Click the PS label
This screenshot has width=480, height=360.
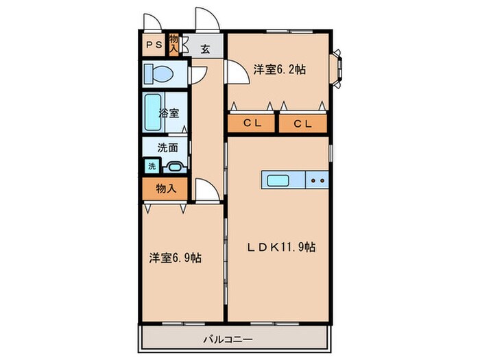tap(154, 45)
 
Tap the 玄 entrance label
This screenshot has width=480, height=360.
tap(206, 49)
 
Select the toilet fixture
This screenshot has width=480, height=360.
tap(158, 74)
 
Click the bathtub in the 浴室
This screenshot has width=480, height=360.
tap(153, 112)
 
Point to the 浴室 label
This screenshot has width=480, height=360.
tap(169, 113)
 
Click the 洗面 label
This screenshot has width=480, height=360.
tap(168, 148)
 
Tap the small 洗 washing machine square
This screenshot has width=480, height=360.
tap(152, 166)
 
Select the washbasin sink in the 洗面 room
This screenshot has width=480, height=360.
tap(175, 167)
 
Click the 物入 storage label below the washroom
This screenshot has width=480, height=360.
tap(166, 189)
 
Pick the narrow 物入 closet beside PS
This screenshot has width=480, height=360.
tap(173, 45)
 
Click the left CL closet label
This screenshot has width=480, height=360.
tap(252, 123)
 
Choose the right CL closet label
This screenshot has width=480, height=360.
tap(303, 123)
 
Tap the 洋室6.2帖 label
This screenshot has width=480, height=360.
tap(279, 69)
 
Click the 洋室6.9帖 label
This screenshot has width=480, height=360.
tap(175, 258)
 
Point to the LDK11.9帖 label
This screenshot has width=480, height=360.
tap(281, 247)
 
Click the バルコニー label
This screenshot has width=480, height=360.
tap(228, 339)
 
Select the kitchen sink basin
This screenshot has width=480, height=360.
tap(278, 180)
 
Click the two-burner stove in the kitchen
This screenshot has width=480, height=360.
tap(317, 180)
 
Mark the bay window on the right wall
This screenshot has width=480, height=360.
tap(336, 69)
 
